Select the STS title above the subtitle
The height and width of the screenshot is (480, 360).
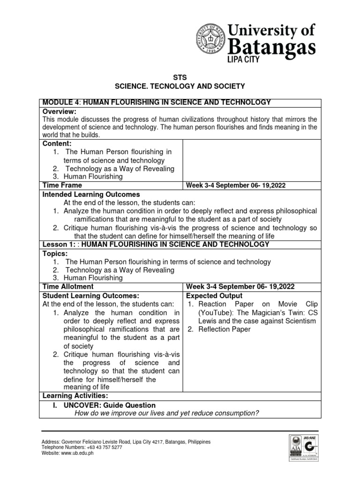pos(180,77)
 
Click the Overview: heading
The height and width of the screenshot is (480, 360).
pos(59,111)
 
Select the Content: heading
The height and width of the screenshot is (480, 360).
pos(57,143)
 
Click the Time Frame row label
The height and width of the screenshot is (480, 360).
pos(62,185)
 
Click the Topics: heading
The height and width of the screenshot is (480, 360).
pos(55,253)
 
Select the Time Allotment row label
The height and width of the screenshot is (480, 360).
pos(68,286)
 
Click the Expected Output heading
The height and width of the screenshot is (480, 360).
pos(214,296)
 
